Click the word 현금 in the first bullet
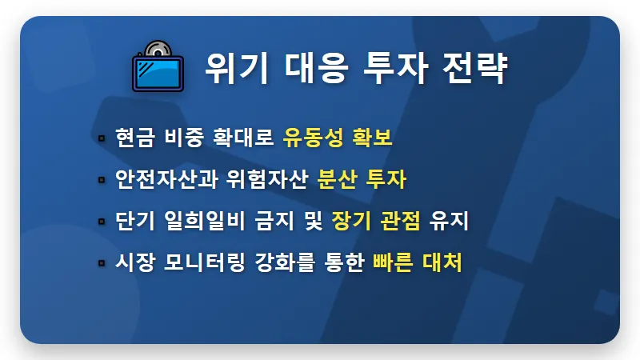coord(134,138)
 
